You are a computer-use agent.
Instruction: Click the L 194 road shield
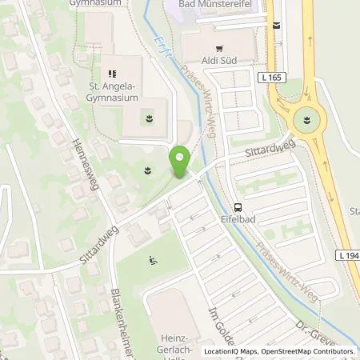tap(348, 254)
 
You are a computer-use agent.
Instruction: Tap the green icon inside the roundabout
tap(304, 122)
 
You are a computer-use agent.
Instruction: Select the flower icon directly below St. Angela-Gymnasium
tap(148, 121)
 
